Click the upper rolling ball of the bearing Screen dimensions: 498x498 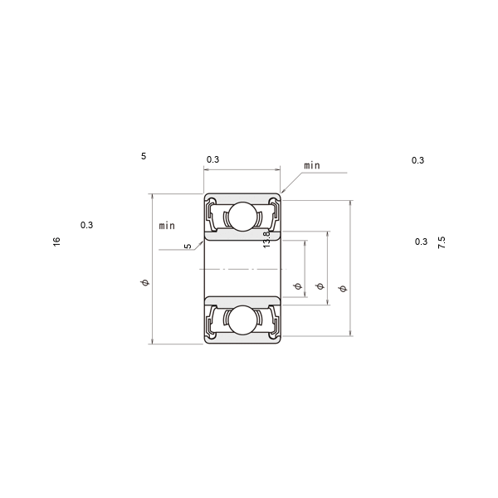[242, 216]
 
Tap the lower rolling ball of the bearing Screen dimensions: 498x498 [242, 320]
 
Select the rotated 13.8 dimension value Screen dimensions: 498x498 [266, 239]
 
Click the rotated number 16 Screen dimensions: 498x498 [56, 242]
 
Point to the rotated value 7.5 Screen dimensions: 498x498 [442, 242]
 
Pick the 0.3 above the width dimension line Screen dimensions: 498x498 [212, 159]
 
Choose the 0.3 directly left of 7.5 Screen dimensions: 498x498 [421, 242]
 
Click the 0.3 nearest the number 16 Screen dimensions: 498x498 [86, 225]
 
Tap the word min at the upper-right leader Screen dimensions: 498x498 [312, 165]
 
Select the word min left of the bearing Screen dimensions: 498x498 [167, 226]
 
